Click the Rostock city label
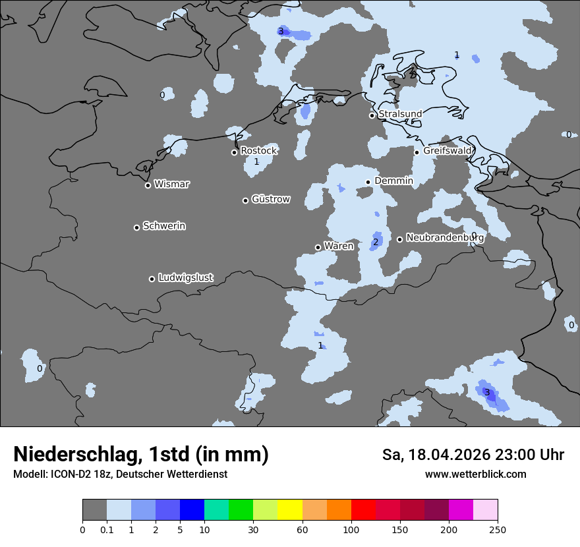click(258, 151)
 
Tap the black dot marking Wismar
click(148, 185)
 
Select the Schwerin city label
click(164, 226)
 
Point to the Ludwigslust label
click(186, 277)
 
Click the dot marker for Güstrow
click(245, 200)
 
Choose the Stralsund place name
click(400, 114)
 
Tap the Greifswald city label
click(448, 151)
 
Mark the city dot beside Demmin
click(368, 182)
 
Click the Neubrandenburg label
click(445, 237)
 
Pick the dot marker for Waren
click(318, 247)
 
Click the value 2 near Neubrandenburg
click(376, 242)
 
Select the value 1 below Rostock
click(256, 161)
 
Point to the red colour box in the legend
click(363, 510)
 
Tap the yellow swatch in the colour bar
click(290, 510)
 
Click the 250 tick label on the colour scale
click(498, 529)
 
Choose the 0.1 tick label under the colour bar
click(107, 529)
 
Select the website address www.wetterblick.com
click(475, 474)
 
